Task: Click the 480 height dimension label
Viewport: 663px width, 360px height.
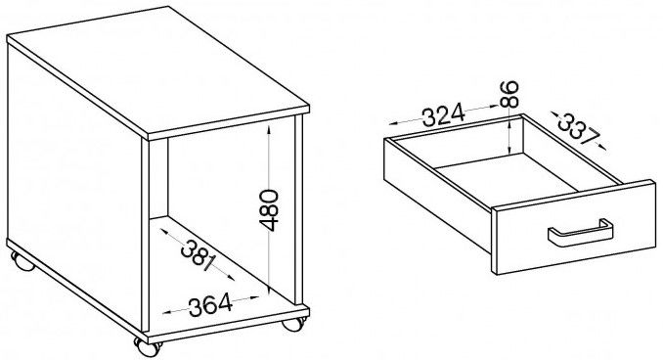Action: click(269, 210)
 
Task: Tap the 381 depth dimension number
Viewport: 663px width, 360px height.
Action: click(198, 255)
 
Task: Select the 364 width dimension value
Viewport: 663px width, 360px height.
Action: click(210, 304)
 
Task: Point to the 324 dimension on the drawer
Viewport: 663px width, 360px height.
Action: click(444, 115)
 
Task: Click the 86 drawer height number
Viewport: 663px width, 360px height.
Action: click(508, 94)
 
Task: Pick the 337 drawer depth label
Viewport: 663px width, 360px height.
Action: click(579, 129)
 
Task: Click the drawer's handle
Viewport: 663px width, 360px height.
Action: click(581, 233)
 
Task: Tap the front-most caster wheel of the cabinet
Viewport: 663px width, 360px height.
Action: click(148, 347)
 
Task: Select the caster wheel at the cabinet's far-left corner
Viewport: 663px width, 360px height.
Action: click(22, 261)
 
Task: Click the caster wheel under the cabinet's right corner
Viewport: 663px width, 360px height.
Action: click(293, 324)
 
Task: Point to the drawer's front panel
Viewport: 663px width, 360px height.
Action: click(574, 227)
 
